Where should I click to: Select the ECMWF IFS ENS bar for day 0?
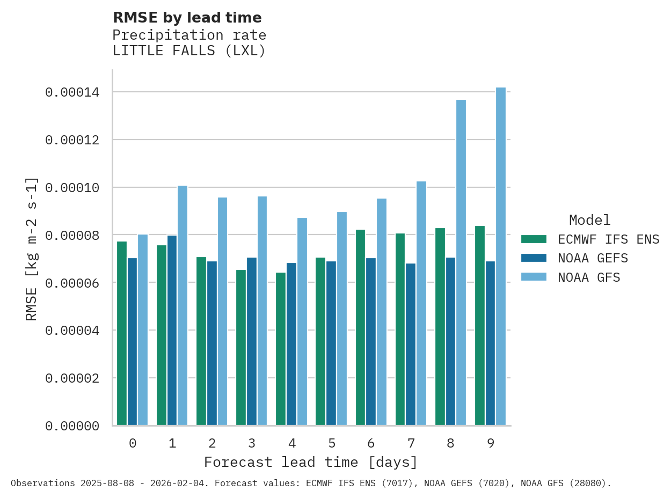122,333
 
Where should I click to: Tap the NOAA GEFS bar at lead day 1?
172,331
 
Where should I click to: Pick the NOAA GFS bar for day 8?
461,262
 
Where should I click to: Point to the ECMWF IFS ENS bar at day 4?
281,349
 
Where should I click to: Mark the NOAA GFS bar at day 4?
302,321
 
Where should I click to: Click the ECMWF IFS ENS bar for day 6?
360,327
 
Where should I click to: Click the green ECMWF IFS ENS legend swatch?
534,239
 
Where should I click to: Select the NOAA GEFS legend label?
593,258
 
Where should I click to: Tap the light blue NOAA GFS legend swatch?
534,277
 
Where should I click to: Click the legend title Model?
589,220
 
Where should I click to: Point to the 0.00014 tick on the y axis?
72,92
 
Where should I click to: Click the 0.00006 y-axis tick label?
72,283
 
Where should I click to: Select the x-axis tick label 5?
332,443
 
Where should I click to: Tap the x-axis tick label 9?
491,443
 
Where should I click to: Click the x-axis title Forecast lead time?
310,462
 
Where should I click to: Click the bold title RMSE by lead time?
187,18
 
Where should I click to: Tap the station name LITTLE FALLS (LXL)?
189,51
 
